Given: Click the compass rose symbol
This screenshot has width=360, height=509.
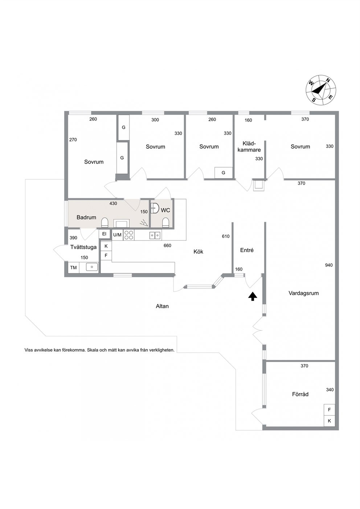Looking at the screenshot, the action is (321, 90).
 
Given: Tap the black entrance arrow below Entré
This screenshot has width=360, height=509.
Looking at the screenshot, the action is (253, 296).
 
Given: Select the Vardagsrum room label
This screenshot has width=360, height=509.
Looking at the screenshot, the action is (303, 293).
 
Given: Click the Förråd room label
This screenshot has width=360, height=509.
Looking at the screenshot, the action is (300, 394).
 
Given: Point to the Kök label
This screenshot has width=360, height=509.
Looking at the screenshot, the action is (198, 251).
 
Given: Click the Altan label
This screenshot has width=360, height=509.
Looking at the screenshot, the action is (162, 306).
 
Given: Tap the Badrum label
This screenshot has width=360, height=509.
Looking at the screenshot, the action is (86, 217).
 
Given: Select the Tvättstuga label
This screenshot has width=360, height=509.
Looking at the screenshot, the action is (83, 247).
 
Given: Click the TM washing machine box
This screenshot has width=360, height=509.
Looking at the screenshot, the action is (73, 267).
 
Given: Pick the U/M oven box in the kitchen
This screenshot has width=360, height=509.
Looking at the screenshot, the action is (117, 235).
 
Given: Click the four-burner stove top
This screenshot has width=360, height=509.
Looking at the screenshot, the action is (128, 235).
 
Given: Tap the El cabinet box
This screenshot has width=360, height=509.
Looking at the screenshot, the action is (104, 234).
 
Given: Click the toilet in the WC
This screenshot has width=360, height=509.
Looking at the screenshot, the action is (166, 223).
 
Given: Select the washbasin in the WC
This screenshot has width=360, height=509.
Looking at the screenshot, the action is (155, 208).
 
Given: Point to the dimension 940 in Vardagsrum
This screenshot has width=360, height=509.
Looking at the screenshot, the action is (329, 265).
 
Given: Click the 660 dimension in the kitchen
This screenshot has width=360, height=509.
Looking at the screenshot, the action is (167, 245).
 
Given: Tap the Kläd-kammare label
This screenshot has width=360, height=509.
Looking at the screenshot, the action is (249, 147).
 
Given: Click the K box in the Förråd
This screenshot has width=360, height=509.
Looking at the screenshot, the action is (329, 421).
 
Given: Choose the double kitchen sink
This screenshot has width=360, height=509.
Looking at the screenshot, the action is (155, 235).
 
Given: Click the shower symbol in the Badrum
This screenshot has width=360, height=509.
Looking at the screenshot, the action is (144, 223).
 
